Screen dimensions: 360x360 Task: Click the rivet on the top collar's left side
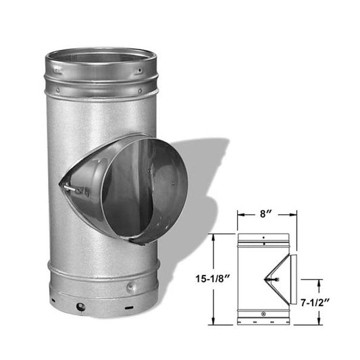coord(57,90)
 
